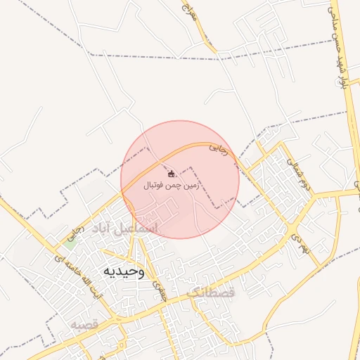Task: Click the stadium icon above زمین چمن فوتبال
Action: (x=172, y=173)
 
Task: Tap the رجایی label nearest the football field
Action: (x=219, y=149)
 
